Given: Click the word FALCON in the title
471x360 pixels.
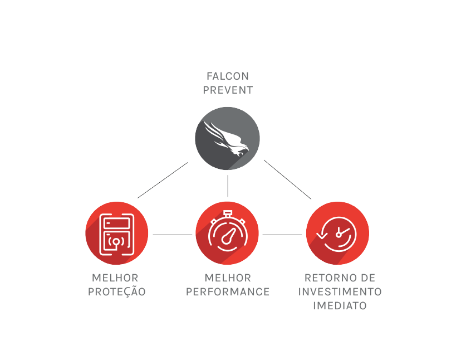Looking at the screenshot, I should (x=227, y=76).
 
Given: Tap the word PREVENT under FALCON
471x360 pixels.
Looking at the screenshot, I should (x=227, y=90).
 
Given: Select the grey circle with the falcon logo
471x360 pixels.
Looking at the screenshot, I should (x=227, y=138).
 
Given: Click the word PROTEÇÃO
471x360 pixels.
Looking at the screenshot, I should (x=117, y=291).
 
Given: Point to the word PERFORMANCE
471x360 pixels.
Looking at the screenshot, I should (x=228, y=291).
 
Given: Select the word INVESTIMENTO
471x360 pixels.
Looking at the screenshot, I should (x=340, y=291).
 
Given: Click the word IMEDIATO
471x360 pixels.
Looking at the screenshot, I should (x=340, y=305).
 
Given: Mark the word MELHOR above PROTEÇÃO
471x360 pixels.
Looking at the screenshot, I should (x=115, y=278).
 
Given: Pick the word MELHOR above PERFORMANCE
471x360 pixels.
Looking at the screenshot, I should (x=228, y=278).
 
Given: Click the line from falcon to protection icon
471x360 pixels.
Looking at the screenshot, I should (x=163, y=180).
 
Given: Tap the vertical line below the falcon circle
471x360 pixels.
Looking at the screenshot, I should (x=228, y=186).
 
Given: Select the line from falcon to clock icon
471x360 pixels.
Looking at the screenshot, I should (x=287, y=179).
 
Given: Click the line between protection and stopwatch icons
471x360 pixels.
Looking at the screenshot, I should (x=172, y=235).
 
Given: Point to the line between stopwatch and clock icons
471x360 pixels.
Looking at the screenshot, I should (x=282, y=235).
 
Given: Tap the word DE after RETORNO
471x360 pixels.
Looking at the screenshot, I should (x=367, y=278).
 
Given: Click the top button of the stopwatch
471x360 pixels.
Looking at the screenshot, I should (x=227, y=212).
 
